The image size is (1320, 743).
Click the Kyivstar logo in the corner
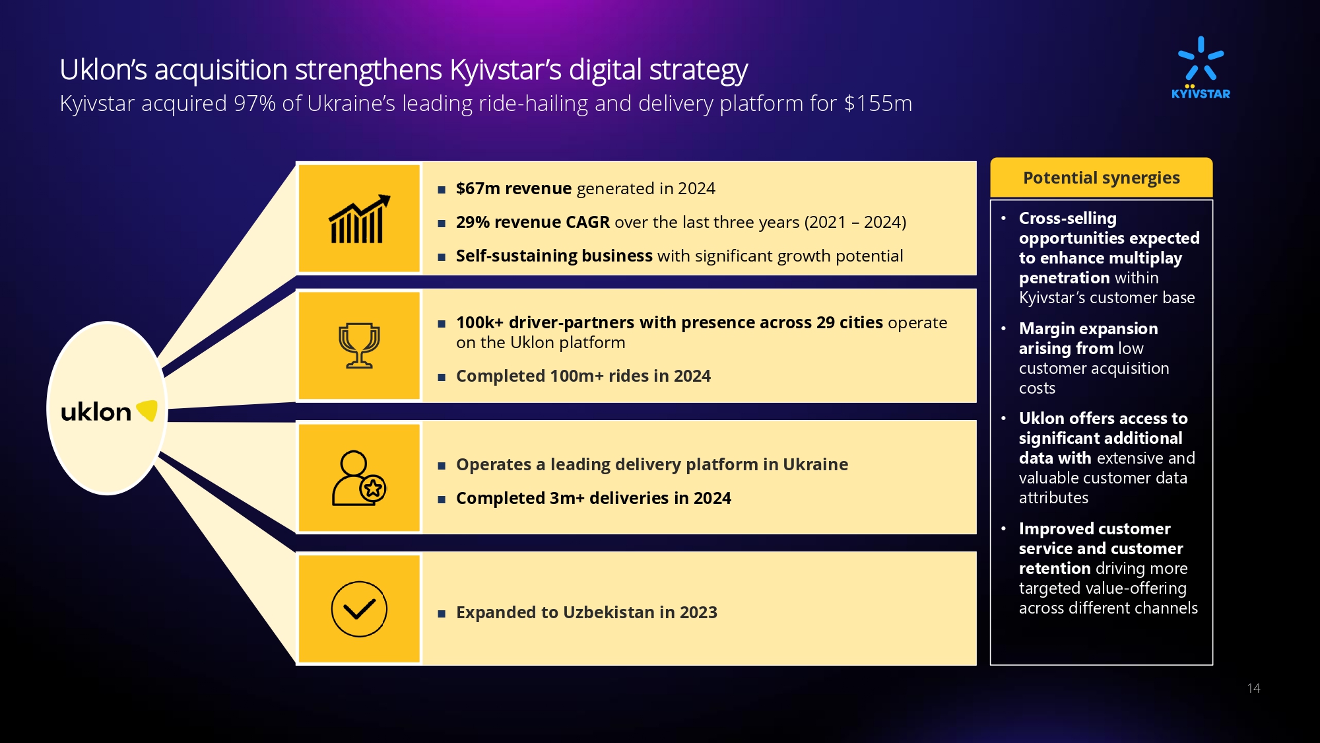pos(1201,67)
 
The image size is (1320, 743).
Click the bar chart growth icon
pos(360,219)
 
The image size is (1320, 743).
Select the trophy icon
pos(359,345)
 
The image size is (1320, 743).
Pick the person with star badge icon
pos(358,478)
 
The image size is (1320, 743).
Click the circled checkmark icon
pos(359,609)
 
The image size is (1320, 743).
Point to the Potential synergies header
pos(1102,178)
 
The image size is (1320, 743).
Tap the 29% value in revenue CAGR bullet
pos(473,222)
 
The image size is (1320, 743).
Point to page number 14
pos(1254,688)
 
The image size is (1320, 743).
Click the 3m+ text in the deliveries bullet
pos(567,498)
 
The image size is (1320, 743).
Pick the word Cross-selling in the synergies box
pos(1068,218)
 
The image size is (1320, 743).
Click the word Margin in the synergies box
pos(1045,329)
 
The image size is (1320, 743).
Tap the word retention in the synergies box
pos(1055,568)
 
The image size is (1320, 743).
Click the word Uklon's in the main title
pos(103,69)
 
